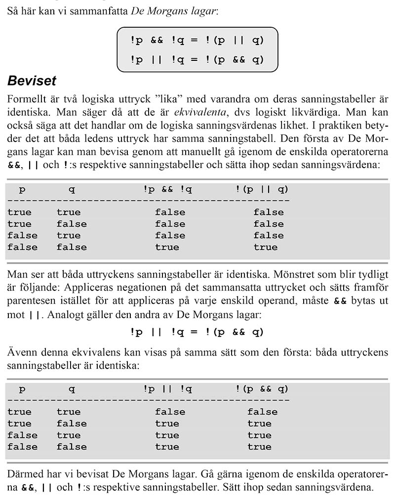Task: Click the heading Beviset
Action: [x=32, y=81]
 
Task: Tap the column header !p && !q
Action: [x=168, y=189]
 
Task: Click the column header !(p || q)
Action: [x=262, y=189]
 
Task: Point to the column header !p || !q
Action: [x=168, y=389]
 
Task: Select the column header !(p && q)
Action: [x=262, y=389]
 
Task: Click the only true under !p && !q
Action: [x=167, y=247]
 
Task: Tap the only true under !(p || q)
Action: [x=266, y=247]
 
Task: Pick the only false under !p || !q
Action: [x=170, y=411]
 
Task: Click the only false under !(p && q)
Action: [x=262, y=411]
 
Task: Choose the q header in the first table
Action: [x=72, y=189]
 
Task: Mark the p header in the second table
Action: [x=22, y=389]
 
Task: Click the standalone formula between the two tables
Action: [x=197, y=332]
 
